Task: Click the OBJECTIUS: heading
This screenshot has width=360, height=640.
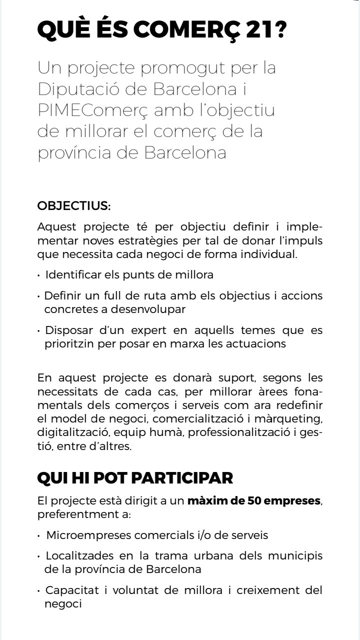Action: point(74,206)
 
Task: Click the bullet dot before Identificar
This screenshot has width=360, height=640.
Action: point(39,275)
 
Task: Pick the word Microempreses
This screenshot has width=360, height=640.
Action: point(82,535)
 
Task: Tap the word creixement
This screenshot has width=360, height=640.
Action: point(263,590)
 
